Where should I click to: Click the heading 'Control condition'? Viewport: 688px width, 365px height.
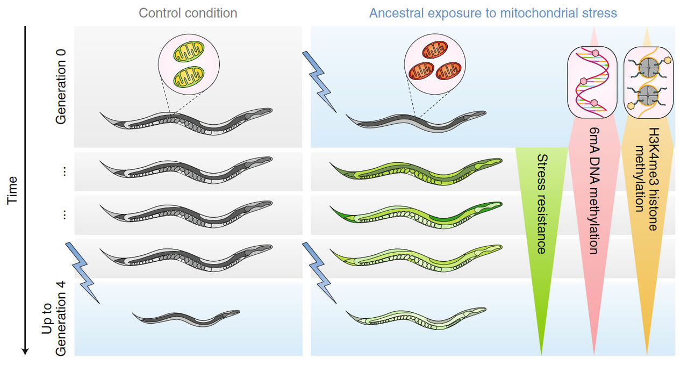(188, 12)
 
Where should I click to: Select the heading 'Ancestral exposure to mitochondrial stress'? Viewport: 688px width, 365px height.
(492, 12)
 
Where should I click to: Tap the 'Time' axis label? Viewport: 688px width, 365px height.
(12, 190)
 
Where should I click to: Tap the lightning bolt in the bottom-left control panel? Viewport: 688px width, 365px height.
(82, 272)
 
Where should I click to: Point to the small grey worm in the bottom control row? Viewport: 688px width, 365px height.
(186, 318)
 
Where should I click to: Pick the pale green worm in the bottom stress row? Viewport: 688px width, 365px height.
(417, 318)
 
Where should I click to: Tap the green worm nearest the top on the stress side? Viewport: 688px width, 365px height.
(417, 171)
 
